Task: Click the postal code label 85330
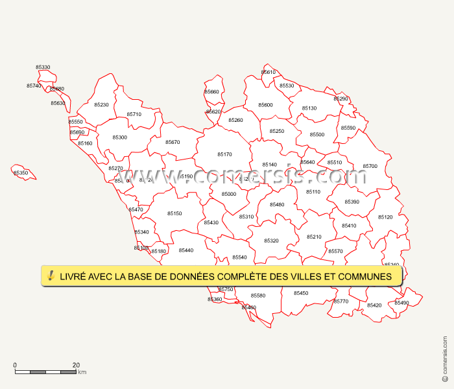[x=43, y=67]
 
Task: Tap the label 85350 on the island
[x=21, y=173]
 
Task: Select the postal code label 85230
[x=101, y=105]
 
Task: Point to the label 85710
[x=134, y=115]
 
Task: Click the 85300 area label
[x=119, y=137]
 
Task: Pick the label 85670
[x=173, y=143]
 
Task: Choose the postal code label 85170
[x=224, y=155]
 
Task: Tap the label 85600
[x=265, y=105]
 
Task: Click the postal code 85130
[x=309, y=109]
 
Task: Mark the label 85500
[x=317, y=135]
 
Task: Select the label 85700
[x=370, y=167]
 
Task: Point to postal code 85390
[x=352, y=202]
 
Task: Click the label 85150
[x=174, y=214]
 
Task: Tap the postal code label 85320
[x=271, y=241]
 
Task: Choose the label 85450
[x=301, y=294]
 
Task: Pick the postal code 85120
[x=385, y=217]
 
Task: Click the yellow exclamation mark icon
[x=51, y=276]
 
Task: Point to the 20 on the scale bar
[x=76, y=365]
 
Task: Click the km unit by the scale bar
[x=82, y=372]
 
